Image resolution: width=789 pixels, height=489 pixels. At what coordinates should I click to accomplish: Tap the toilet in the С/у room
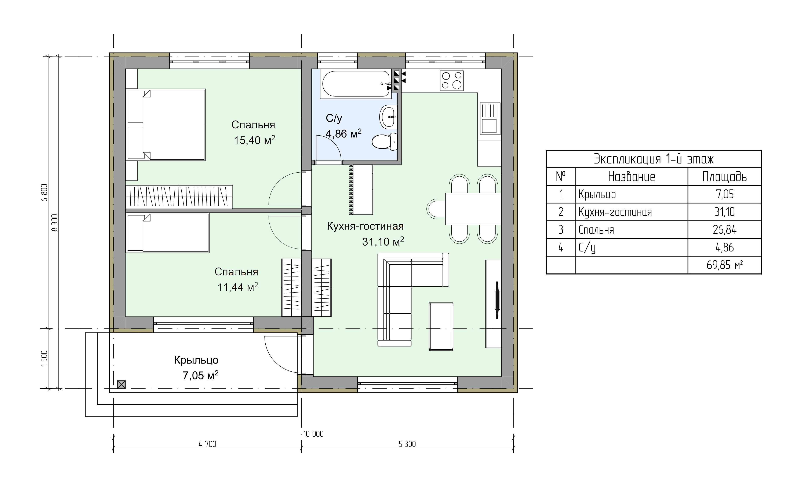[x=385, y=142]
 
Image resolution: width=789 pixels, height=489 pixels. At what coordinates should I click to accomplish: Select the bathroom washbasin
[x=388, y=116]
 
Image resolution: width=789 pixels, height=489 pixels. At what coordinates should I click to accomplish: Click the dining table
[x=473, y=209]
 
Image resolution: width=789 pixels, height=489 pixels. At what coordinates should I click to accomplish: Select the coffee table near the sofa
[x=441, y=327]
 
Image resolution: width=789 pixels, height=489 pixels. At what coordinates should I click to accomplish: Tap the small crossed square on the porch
[x=121, y=384]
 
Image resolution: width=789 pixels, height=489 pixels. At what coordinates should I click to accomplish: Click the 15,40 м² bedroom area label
[x=255, y=140]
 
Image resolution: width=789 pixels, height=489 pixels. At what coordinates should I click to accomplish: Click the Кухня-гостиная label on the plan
[x=365, y=226]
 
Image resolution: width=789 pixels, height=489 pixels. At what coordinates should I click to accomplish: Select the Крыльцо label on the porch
[x=196, y=360]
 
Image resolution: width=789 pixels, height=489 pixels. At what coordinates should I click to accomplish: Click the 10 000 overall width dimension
[x=313, y=434]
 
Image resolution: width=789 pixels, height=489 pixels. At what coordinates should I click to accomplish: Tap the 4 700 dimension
[x=207, y=444]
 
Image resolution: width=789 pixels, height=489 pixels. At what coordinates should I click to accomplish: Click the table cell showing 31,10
[x=724, y=212]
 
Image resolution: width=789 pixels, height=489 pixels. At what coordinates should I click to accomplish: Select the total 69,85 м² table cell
[x=724, y=265]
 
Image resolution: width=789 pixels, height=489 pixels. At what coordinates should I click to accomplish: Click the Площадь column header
[x=724, y=177]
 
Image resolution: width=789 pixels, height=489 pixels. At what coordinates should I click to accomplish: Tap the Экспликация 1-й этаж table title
[x=654, y=159]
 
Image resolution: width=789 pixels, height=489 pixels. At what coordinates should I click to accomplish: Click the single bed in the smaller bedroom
[x=167, y=233]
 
